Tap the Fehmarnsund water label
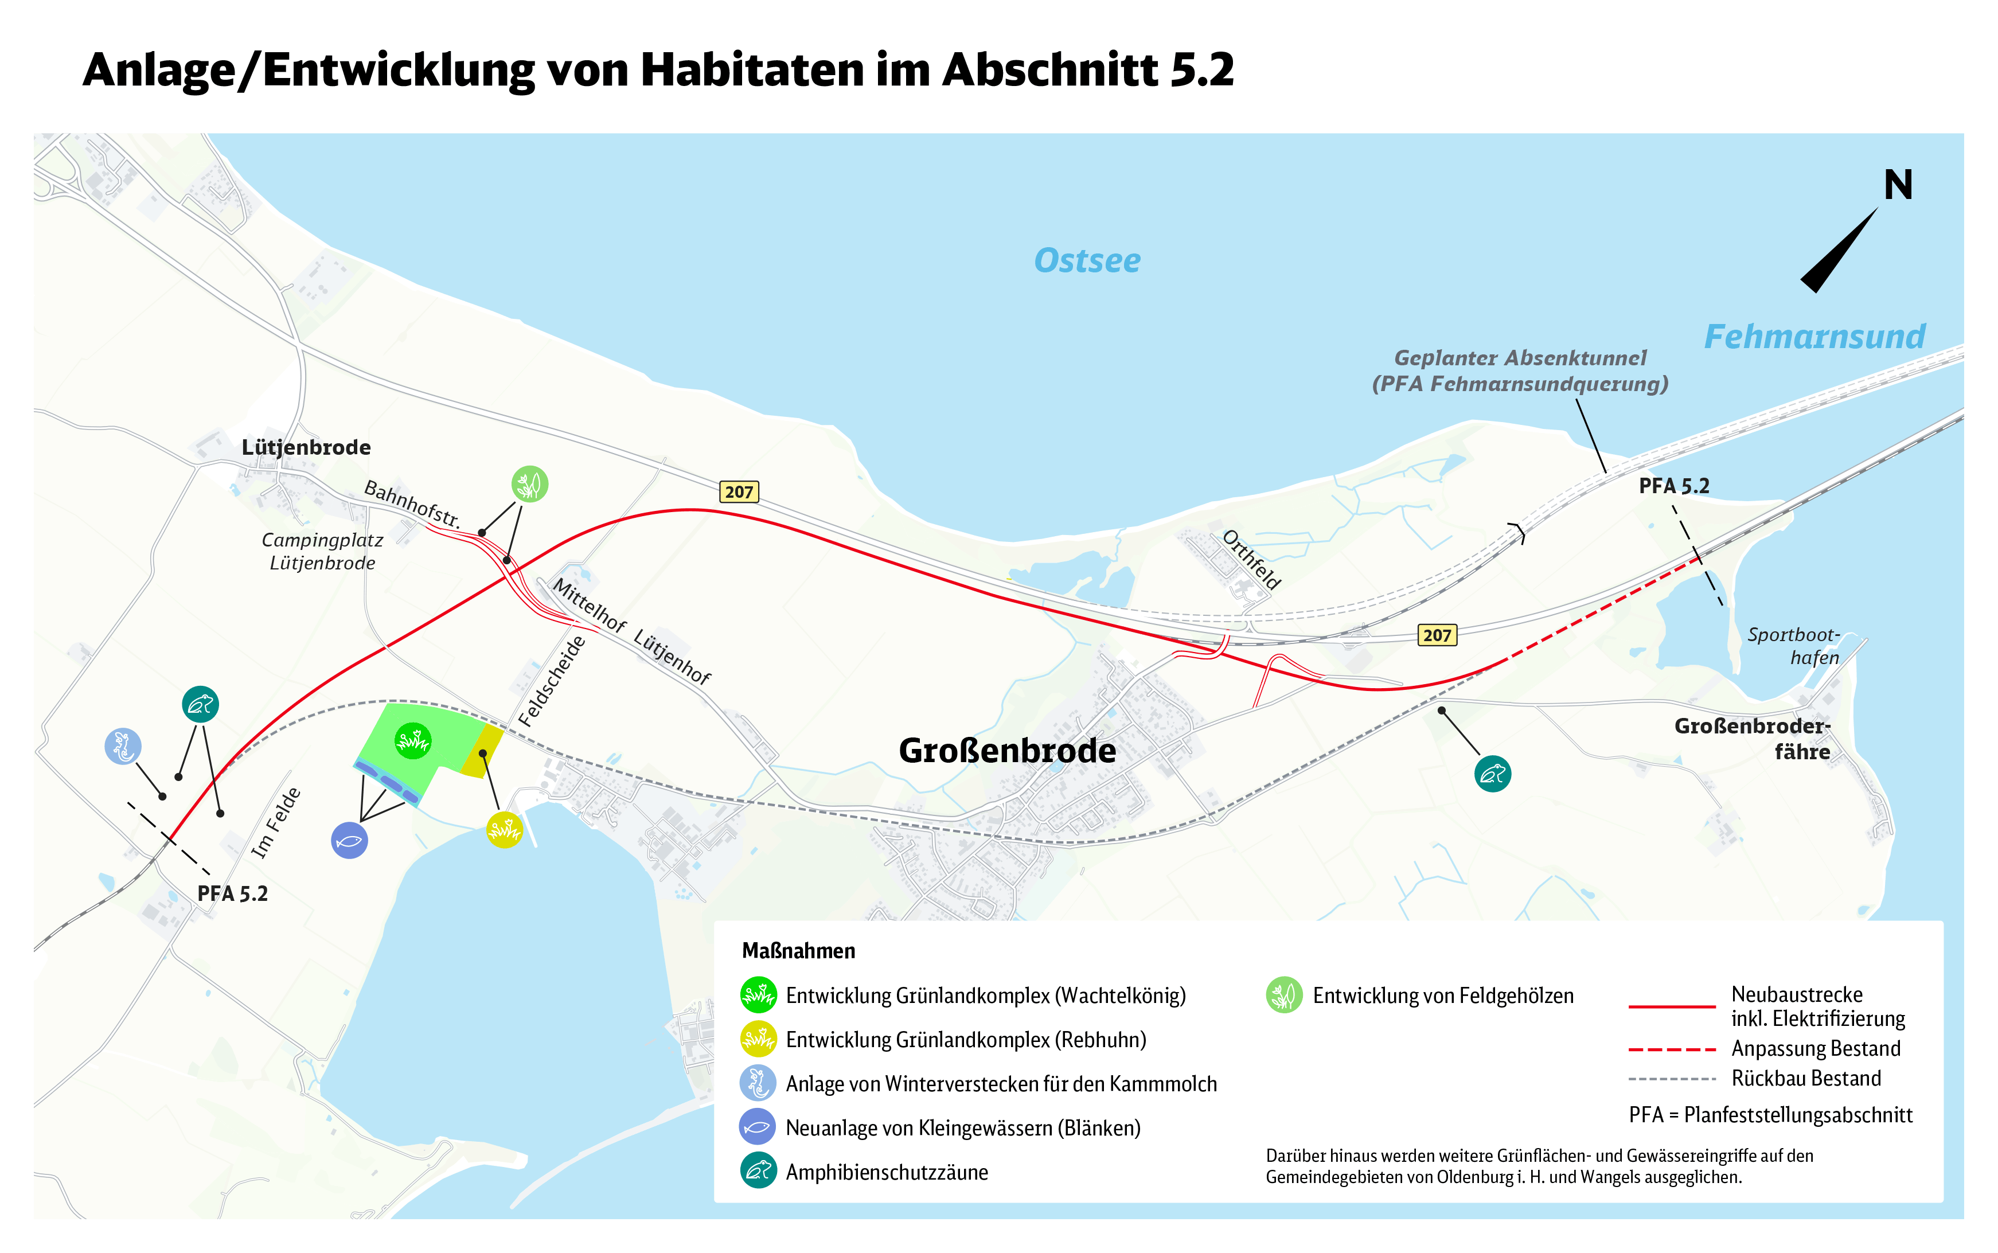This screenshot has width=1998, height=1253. click(x=1814, y=337)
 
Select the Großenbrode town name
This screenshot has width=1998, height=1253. click(x=1007, y=751)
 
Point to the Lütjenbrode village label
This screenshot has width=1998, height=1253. click(x=306, y=447)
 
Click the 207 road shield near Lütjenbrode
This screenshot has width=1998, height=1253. click(x=739, y=492)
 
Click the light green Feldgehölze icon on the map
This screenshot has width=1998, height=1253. click(x=529, y=484)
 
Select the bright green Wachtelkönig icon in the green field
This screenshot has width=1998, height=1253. click(x=413, y=741)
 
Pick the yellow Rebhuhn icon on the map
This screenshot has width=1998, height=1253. click(x=505, y=830)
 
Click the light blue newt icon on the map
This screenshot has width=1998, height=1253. click(x=123, y=747)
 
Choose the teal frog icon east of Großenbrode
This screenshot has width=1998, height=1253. click(x=1493, y=774)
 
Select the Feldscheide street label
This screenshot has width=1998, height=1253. click(x=552, y=682)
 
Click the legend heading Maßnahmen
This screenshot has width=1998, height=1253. click(x=798, y=951)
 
